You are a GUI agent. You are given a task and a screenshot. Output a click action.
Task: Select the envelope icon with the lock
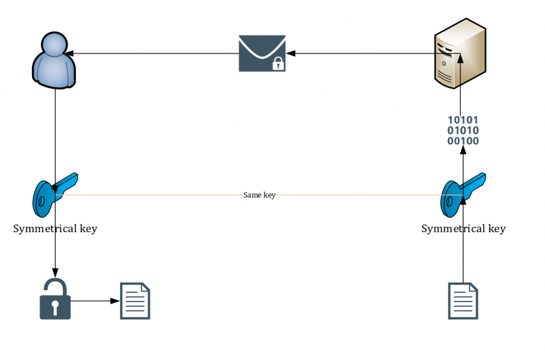click(262, 53)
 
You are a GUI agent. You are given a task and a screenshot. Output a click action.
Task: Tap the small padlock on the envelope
click(277, 64)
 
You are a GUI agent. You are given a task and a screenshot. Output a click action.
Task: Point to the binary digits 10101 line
click(463, 120)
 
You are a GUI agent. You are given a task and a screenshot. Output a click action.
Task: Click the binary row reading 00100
click(463, 141)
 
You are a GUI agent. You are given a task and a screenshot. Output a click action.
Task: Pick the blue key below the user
click(54, 194)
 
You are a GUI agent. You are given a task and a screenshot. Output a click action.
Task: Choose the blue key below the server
click(461, 194)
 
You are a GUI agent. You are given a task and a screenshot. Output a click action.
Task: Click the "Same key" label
click(259, 195)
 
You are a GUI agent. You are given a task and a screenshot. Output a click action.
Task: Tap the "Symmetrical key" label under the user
click(55, 229)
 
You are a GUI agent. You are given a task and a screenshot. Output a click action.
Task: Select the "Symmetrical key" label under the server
click(463, 229)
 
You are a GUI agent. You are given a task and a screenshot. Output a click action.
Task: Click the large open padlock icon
click(55, 299)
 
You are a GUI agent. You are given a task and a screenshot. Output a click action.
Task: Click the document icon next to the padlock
click(135, 301)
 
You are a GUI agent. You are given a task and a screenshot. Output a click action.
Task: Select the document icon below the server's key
click(463, 301)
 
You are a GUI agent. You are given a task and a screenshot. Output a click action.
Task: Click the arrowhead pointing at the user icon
click(69, 53)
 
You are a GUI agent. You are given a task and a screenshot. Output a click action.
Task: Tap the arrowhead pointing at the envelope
click(291, 53)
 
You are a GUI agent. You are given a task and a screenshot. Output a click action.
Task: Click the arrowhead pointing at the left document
click(115, 301)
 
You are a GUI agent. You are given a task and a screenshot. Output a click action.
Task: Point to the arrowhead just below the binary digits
click(463, 151)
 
